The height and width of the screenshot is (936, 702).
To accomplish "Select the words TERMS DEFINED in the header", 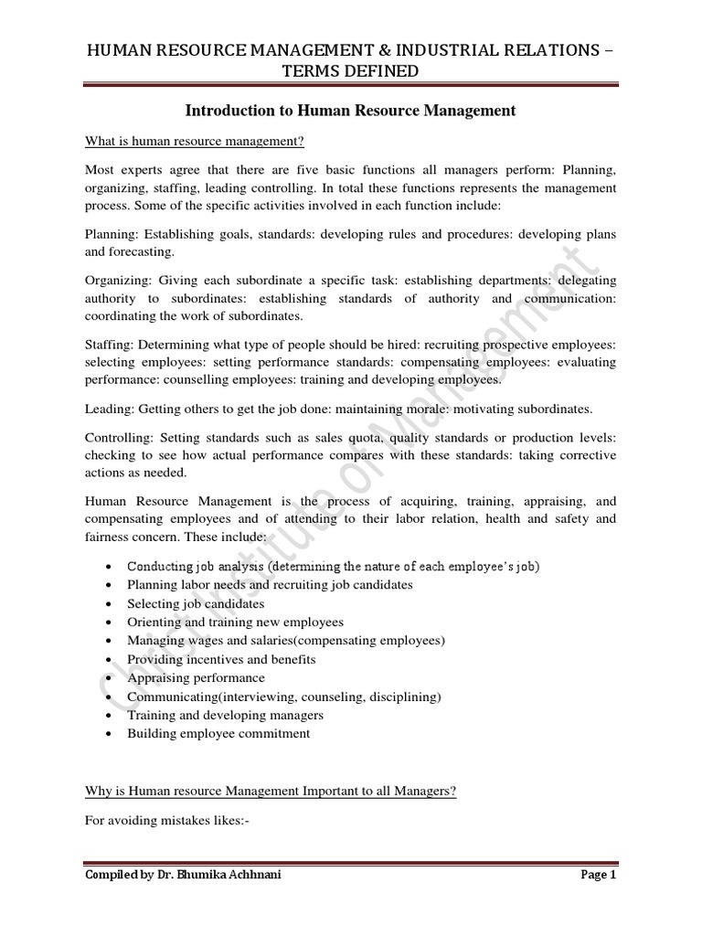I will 350,70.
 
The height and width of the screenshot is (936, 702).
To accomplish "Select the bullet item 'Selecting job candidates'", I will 196,603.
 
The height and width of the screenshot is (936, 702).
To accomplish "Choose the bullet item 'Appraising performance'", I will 196,678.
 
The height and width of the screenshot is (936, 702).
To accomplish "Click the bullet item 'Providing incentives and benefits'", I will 221,659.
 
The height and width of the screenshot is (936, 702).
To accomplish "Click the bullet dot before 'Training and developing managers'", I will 110,716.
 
